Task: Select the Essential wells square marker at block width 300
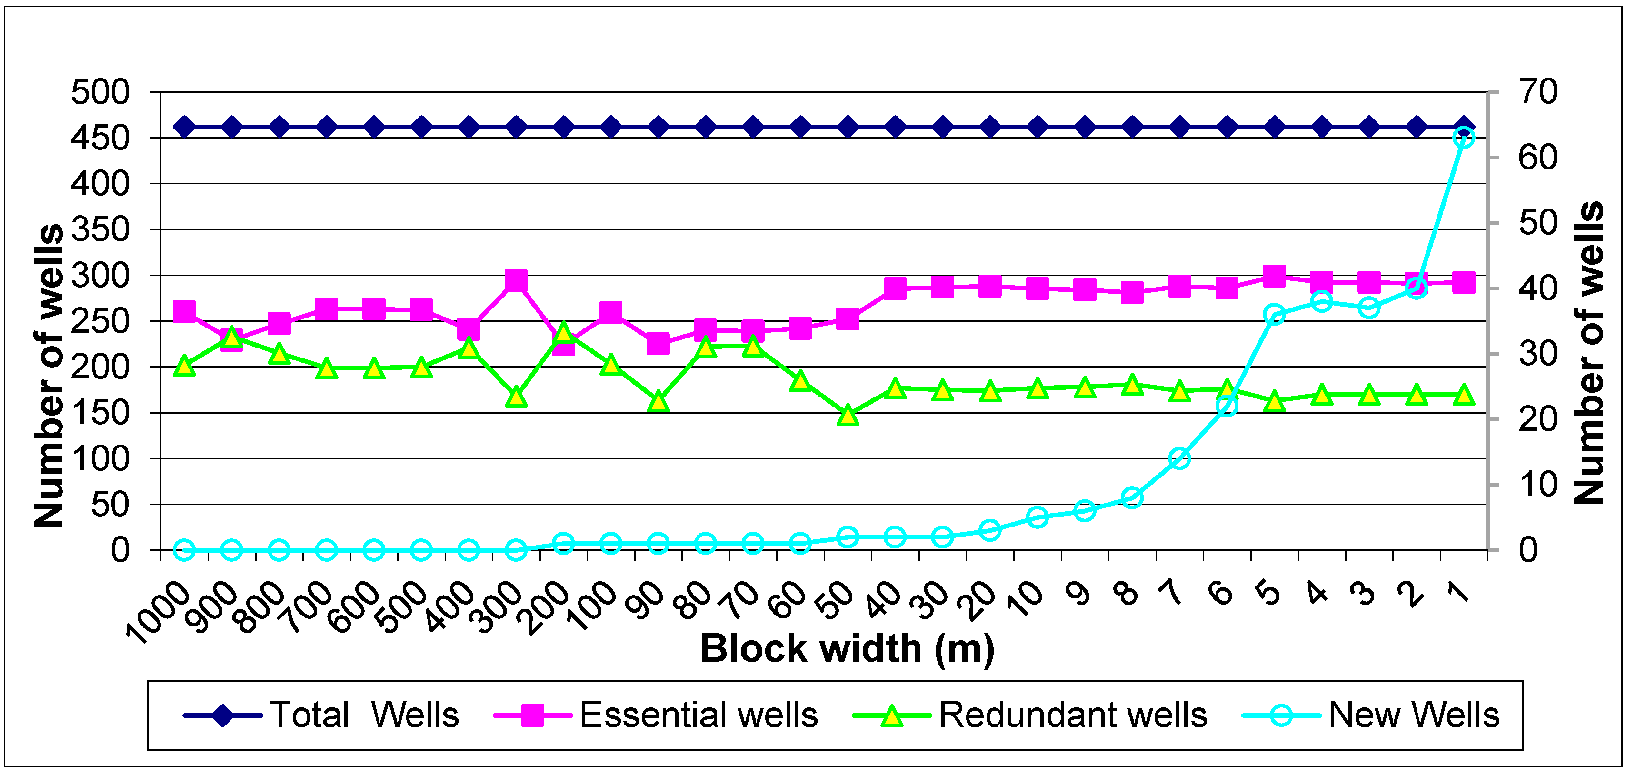[x=516, y=280]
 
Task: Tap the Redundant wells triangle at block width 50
[x=848, y=416]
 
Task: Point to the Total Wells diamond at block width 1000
[x=184, y=127]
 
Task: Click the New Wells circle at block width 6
[x=1227, y=406]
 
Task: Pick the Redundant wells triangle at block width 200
[x=563, y=332]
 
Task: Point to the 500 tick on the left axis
[x=100, y=92]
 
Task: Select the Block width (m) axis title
[x=847, y=649]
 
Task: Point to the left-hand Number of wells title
[x=49, y=375]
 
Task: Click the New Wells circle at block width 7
[x=1179, y=458]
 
